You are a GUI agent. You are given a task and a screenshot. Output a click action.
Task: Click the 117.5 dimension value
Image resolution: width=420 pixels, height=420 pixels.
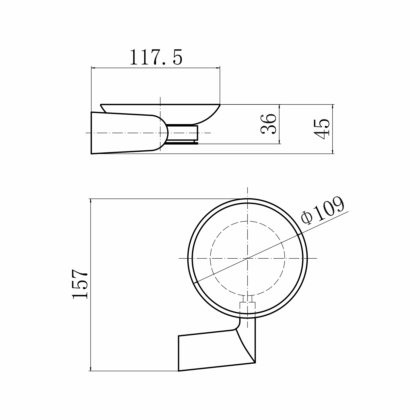156,57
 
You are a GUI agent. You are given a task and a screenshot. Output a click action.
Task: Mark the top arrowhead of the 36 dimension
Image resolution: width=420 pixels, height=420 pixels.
279,106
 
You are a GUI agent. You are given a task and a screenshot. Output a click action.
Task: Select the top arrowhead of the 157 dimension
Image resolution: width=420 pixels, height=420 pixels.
90,201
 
